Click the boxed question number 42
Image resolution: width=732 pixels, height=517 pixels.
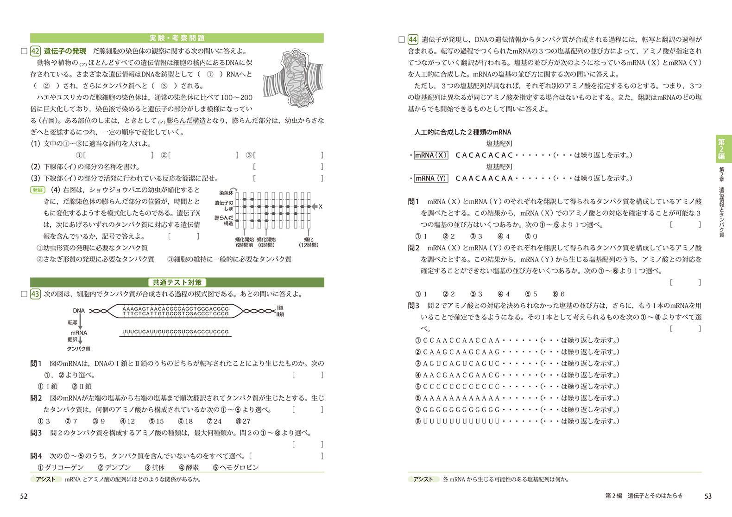coord(35,51)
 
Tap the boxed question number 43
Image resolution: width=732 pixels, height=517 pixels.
coord(35,294)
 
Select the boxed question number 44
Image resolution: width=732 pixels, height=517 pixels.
coord(413,39)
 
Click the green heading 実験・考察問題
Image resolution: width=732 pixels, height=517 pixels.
coord(177,38)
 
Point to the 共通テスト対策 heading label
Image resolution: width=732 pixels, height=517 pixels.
coord(177,282)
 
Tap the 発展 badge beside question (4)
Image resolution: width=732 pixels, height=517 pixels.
coord(38,190)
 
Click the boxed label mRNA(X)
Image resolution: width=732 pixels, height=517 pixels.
coord(431,155)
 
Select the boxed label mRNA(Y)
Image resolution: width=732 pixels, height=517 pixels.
coord(430,179)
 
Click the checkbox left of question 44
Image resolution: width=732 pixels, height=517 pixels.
coord(402,39)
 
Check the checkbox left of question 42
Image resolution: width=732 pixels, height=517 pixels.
coord(24,51)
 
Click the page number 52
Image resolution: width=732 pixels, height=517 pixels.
coord(24,496)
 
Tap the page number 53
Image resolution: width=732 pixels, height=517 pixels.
coord(708,496)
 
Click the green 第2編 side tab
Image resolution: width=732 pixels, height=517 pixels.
coord(721,149)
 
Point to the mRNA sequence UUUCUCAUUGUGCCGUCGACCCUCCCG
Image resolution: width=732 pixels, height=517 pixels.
coord(176,332)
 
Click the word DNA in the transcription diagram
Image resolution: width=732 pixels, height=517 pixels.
coord(79,311)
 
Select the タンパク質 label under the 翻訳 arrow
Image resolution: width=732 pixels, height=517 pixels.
coord(79,349)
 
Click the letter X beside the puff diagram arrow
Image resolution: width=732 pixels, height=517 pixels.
coord(321,207)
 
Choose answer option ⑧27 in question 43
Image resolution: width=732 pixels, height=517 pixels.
coord(243,421)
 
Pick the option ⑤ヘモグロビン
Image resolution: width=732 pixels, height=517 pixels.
coord(236,467)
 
